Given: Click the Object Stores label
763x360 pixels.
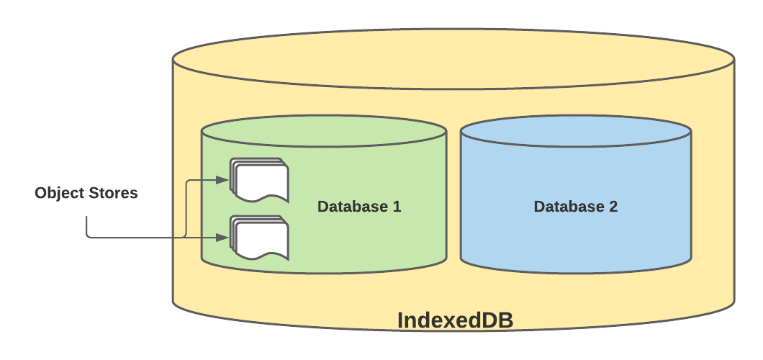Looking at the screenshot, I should click(x=86, y=194).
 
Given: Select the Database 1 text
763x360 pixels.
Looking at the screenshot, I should click(x=359, y=207).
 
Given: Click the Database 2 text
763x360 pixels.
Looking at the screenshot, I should click(x=575, y=207).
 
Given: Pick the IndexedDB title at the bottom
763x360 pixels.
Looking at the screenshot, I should click(x=455, y=320).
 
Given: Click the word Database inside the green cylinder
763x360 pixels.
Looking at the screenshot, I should click(x=352, y=207).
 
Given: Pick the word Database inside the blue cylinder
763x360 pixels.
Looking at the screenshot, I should click(x=568, y=207).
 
